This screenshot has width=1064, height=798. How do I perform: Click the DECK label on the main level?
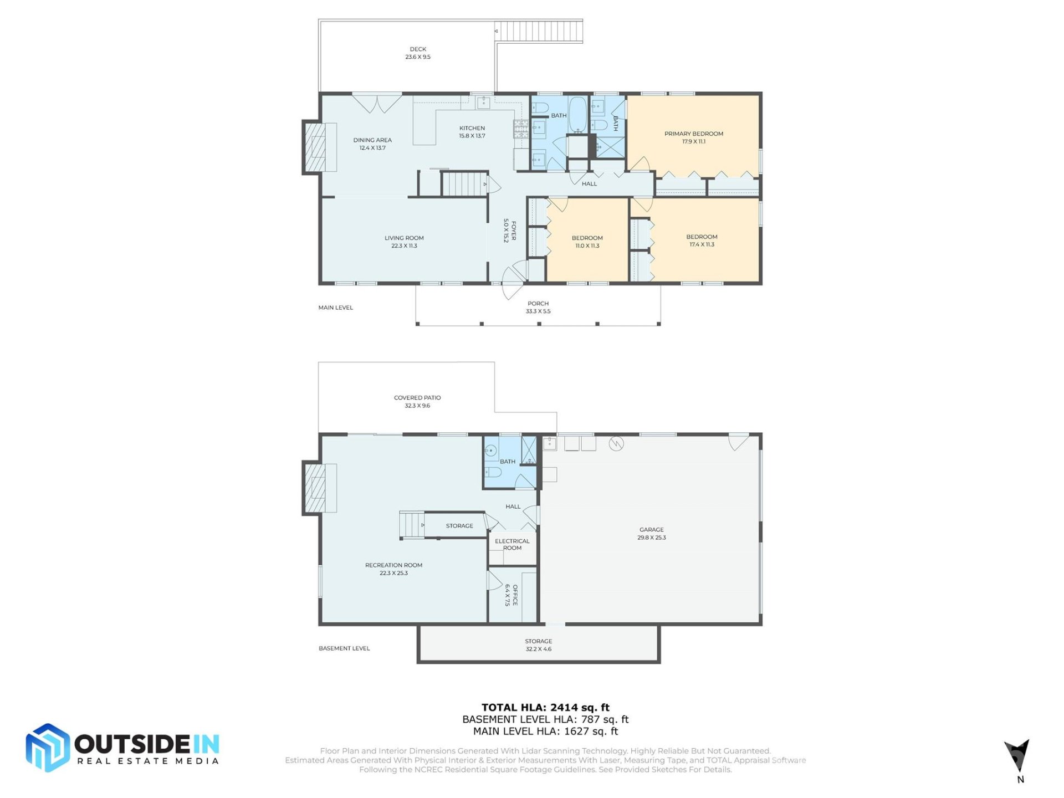click(418, 49)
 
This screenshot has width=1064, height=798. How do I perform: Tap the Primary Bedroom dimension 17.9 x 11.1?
click(693, 142)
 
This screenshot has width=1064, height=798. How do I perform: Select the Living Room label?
click(404, 238)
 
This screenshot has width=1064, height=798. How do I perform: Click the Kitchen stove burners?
click(521, 129)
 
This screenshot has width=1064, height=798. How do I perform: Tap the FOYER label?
click(513, 231)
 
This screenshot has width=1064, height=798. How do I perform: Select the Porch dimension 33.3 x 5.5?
click(538, 311)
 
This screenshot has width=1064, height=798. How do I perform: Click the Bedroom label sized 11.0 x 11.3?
click(587, 238)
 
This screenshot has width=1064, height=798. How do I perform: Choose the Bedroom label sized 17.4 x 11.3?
click(702, 237)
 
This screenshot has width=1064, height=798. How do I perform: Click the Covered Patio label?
click(417, 398)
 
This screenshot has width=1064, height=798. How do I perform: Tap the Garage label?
click(651, 530)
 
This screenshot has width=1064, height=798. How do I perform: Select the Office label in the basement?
click(515, 595)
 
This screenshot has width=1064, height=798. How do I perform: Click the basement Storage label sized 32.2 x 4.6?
click(538, 641)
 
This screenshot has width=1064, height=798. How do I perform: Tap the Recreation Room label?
click(393, 565)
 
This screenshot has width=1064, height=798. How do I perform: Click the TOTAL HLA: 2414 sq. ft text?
click(545, 708)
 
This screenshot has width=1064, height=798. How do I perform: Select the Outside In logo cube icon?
click(48, 748)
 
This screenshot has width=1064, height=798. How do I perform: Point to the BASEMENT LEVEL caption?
click(344, 648)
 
